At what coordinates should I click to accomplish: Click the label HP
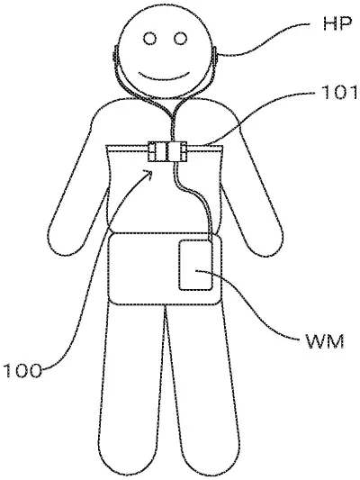point(337,23)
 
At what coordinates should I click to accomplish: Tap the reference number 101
point(339,93)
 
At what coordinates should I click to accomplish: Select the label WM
point(325,341)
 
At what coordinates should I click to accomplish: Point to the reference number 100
point(22,370)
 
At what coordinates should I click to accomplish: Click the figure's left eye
point(150,39)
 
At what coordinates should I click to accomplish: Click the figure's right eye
point(181,39)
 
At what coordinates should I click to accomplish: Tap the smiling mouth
point(164,77)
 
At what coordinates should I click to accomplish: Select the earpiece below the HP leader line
point(215,55)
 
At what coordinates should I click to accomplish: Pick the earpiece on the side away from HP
point(115,55)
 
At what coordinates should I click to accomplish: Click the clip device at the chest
point(167,151)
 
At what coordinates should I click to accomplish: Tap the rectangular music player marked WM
point(195,265)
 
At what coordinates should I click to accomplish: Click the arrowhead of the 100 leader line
point(148,174)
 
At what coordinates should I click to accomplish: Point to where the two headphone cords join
point(173,115)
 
